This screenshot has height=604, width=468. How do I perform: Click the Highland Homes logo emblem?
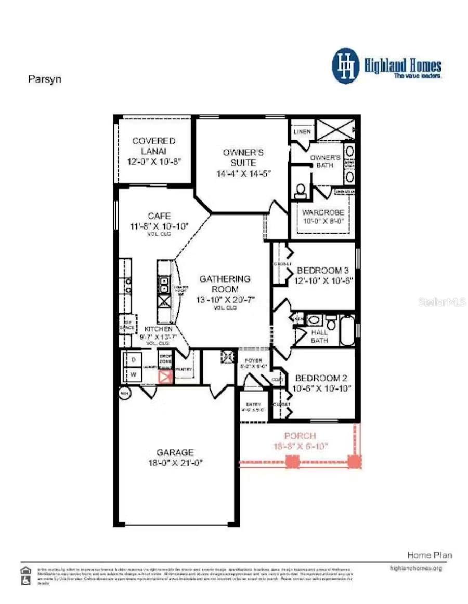point(346,66)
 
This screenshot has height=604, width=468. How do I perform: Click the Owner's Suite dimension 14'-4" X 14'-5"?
point(243,173)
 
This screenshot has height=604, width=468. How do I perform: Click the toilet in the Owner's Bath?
point(300,191)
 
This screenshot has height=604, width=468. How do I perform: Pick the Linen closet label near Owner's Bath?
point(302,131)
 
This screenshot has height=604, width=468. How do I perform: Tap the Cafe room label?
point(159,216)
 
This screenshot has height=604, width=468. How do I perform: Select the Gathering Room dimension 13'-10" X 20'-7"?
point(225,299)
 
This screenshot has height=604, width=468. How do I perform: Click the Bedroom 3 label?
point(322,271)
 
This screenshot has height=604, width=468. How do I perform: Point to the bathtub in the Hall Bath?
point(347,330)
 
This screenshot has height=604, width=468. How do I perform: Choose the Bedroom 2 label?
point(321,378)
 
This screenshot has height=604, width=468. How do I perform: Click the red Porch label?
point(300,436)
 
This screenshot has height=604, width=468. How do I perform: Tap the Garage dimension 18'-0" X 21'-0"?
point(176,462)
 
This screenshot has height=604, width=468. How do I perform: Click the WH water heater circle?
point(125,393)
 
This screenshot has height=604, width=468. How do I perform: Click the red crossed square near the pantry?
point(165,377)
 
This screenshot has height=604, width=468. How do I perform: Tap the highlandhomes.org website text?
point(415,568)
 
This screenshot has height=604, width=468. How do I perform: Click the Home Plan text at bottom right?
point(429,555)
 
